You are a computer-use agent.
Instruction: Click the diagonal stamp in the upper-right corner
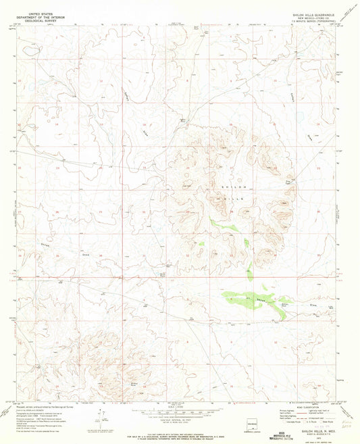pos(349,11)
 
